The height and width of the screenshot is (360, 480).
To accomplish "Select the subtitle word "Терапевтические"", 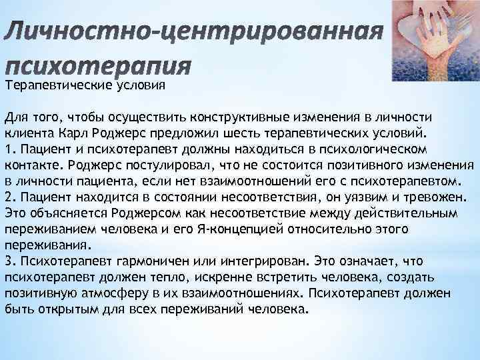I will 52,85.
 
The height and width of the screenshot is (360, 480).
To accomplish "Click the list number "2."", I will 10,196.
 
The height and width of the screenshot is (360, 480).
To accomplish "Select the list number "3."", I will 10,261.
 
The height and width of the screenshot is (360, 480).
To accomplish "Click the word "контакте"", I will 28,164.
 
